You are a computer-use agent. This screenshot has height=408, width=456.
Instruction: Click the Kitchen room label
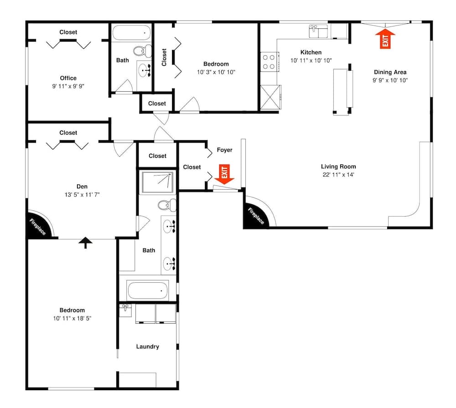(311, 52)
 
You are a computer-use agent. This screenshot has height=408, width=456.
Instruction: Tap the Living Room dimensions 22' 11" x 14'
(338, 175)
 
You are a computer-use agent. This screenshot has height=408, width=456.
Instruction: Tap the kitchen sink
(318, 31)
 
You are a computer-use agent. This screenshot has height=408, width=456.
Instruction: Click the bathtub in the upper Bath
(132, 33)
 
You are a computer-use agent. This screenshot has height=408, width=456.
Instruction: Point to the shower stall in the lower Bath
(157, 183)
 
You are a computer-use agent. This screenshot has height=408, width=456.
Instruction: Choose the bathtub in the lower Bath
(148, 290)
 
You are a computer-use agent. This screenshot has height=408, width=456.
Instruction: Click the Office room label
(68, 78)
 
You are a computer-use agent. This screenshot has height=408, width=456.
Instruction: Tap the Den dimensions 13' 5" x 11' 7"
(82, 195)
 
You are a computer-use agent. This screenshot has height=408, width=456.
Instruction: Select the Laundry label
(147, 346)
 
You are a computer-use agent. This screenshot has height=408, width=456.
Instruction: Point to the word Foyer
(224, 150)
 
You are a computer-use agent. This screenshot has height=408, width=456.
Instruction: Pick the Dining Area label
(390, 72)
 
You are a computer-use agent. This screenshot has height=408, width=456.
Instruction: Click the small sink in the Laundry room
(126, 310)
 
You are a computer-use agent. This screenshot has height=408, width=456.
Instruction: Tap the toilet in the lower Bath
(167, 205)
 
